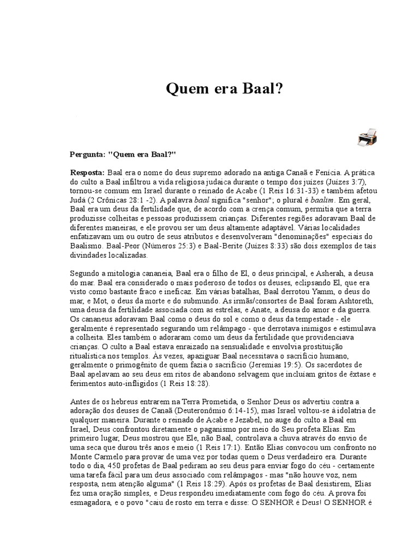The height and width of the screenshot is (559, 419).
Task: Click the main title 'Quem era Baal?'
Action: point(224,88)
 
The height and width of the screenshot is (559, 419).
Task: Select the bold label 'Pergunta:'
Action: point(88,154)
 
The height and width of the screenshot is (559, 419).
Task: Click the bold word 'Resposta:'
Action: point(88,172)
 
